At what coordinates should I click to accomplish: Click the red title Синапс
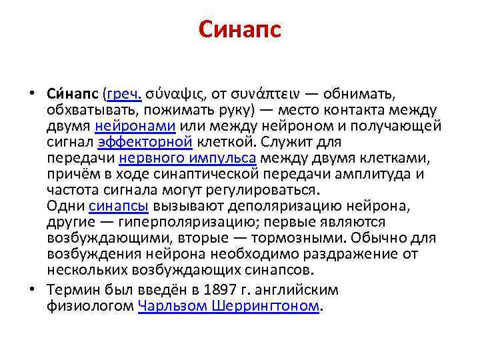coord(240,30)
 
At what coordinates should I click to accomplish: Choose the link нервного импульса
coord(187,157)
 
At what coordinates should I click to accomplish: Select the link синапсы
coord(118,205)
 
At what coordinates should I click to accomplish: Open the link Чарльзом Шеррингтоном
coord(229,307)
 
